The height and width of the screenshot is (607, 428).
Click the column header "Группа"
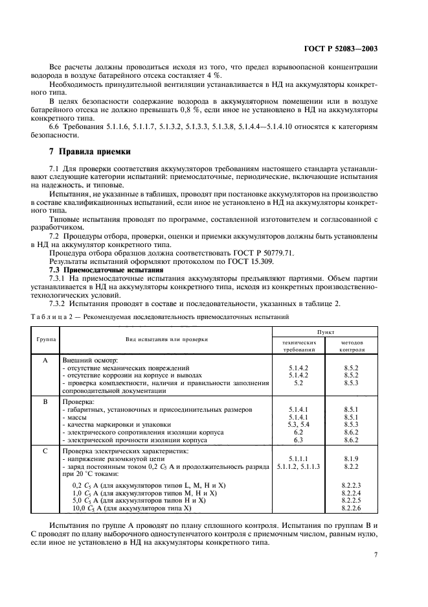point(45,339)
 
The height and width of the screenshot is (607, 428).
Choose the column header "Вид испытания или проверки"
point(166,339)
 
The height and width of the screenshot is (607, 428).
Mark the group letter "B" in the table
point(45,402)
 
